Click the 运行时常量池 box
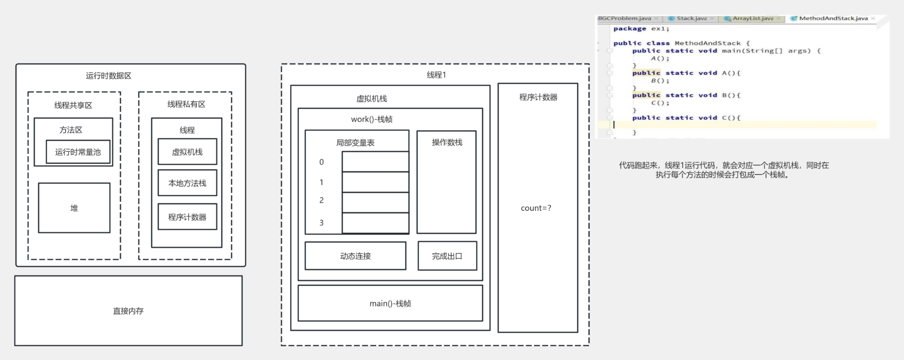78,152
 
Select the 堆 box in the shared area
74,208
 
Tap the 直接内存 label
128,311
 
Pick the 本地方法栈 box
187,183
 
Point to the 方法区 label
71,130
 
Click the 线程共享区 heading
73,105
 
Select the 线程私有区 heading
186,104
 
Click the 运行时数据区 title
108,76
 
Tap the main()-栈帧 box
390,304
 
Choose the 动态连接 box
355,256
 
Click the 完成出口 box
447,256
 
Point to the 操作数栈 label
447,142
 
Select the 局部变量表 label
355,143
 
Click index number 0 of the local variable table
322,162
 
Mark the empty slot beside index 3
375,223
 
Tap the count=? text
536,208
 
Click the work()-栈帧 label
371,119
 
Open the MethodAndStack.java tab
832,18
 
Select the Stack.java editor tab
691,18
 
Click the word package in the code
630,29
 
